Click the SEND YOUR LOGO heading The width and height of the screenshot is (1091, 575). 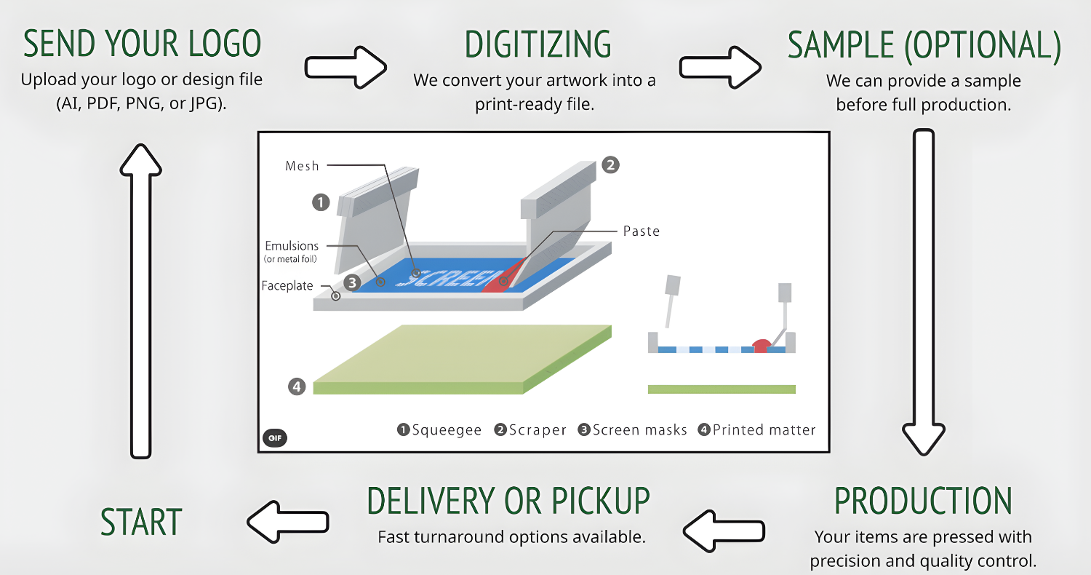[x=142, y=45]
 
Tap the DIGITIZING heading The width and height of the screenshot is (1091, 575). [x=538, y=45]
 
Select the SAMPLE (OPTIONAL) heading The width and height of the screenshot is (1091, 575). [x=924, y=45]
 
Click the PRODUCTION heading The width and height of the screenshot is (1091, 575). [x=923, y=501]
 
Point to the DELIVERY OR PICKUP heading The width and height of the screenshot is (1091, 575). [x=508, y=501]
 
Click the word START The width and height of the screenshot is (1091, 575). [x=141, y=523]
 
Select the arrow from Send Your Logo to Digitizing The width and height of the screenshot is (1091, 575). [x=345, y=66]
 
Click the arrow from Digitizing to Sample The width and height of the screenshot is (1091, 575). [x=720, y=66]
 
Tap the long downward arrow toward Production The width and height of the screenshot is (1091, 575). [x=924, y=291]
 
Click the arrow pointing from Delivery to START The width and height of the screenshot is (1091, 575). [x=288, y=521]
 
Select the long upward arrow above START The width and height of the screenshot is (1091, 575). [x=140, y=298]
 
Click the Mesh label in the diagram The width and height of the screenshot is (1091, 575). [x=302, y=166]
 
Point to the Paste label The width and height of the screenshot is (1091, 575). [x=642, y=231]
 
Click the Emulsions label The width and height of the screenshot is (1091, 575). [x=292, y=246]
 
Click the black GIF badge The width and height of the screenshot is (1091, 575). [x=275, y=438]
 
